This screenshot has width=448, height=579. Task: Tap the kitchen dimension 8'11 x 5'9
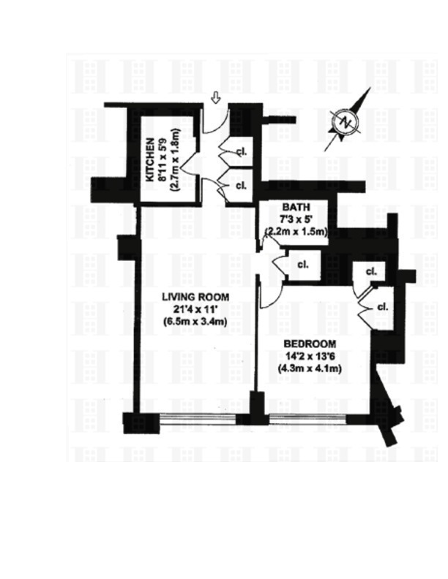pos(163,160)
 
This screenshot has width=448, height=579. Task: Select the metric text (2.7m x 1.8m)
pos(174,160)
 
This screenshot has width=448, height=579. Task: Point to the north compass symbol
pos(346,122)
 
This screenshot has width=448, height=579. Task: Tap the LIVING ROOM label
pos(195,297)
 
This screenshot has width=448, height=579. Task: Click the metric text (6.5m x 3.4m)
pos(195,321)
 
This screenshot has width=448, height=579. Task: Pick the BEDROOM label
pos(310,344)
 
